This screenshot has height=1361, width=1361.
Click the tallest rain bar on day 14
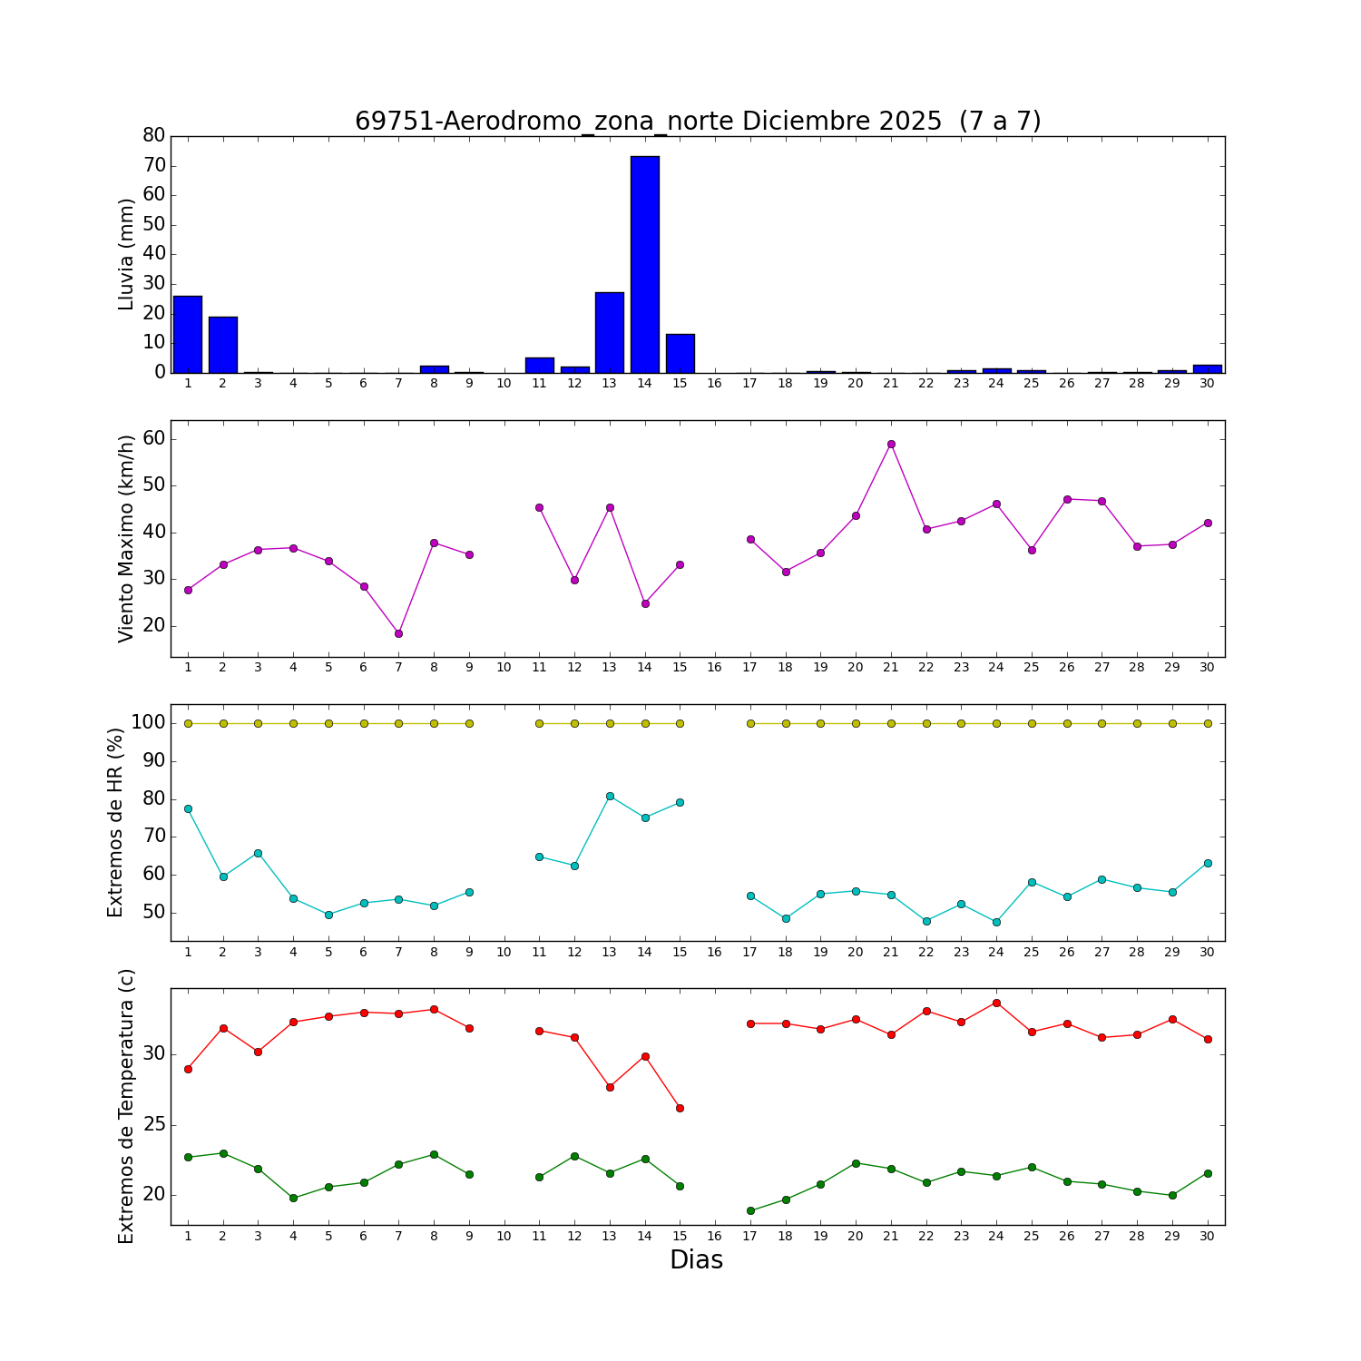pos(645,264)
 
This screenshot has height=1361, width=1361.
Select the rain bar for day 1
pos(188,334)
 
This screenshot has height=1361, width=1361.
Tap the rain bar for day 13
pos(610,332)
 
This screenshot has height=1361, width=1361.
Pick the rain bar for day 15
pos(680,353)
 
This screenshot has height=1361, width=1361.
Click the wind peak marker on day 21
pos(891,444)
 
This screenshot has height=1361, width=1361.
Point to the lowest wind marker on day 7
pos(398,633)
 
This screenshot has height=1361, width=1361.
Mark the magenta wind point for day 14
pos(645,603)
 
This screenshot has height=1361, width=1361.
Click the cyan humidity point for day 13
pos(610,796)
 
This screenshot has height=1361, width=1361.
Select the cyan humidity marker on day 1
pos(188,808)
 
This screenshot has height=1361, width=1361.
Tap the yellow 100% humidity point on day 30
pos(1208,723)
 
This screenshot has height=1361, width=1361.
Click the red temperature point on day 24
pos(996,1003)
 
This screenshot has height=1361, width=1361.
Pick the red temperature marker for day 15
pos(680,1108)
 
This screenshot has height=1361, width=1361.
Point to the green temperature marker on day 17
pos(750,1210)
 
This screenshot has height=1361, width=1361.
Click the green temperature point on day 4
pos(293,1198)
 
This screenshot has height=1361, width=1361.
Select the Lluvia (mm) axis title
pos(126,254)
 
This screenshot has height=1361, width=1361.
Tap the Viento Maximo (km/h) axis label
pos(126,538)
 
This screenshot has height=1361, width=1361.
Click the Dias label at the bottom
pos(696,1259)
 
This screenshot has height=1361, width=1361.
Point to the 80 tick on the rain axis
pos(154,135)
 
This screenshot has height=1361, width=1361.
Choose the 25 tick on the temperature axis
pos(154,1125)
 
